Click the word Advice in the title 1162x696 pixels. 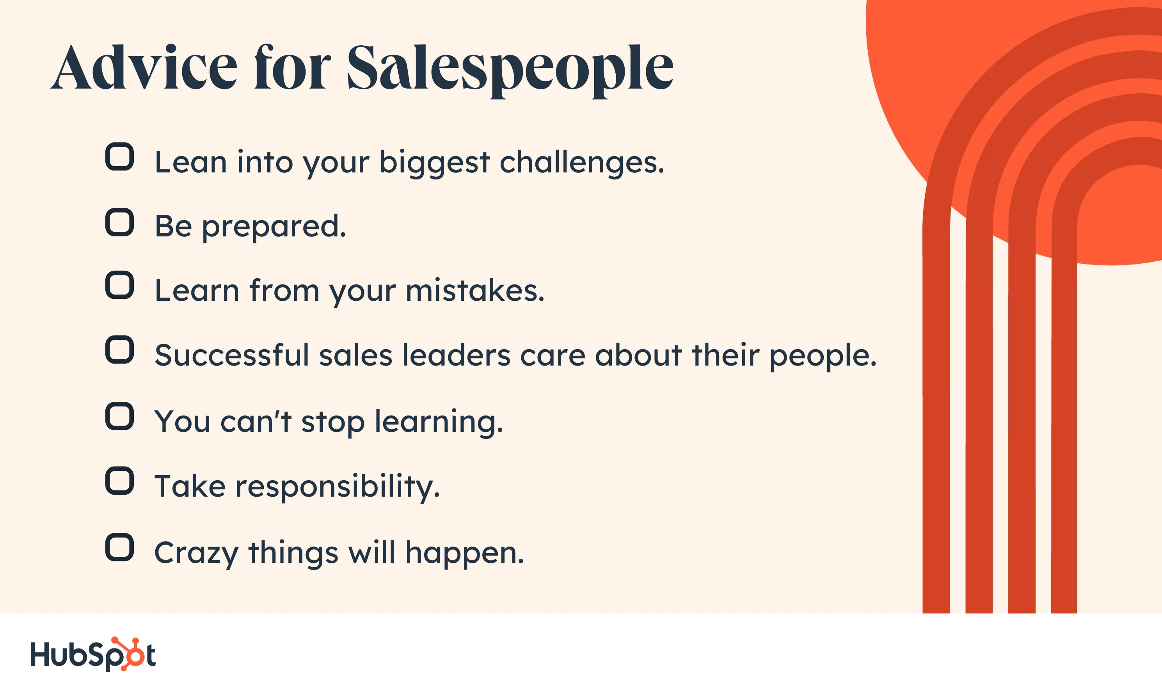coord(144,67)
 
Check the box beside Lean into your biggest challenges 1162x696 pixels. coord(119,157)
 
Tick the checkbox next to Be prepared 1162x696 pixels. coord(119,222)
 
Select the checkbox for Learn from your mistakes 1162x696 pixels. coord(119,285)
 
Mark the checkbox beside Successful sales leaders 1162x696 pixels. coord(119,350)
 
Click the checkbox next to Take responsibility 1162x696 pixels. coord(119,481)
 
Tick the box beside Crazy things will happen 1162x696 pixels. coord(119,547)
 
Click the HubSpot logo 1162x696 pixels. coord(93,654)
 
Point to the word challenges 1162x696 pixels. coord(582,163)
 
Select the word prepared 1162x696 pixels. coord(274,227)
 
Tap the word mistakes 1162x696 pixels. coord(475,291)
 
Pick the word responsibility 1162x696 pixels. coord(338,487)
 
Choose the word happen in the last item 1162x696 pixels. coord(465,554)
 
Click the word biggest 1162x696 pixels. coord(434,163)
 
